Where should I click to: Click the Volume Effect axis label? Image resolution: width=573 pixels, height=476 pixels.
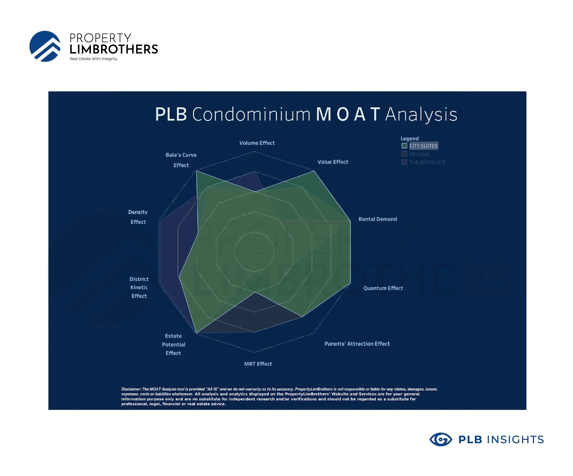[x=257, y=143]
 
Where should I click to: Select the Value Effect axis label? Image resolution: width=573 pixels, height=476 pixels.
[x=333, y=162]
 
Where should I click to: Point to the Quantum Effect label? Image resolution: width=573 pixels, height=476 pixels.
[x=383, y=288]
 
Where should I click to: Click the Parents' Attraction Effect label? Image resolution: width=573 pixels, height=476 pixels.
[x=357, y=344]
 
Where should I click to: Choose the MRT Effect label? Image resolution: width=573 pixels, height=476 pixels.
[x=258, y=364]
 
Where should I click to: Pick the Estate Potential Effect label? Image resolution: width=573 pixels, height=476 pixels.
[x=173, y=344]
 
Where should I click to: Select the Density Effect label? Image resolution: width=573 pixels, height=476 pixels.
[x=138, y=217]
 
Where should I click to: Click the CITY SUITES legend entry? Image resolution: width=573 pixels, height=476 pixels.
[x=423, y=146]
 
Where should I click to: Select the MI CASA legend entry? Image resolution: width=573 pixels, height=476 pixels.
[x=419, y=154]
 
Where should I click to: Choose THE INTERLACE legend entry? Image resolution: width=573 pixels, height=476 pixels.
[x=427, y=162]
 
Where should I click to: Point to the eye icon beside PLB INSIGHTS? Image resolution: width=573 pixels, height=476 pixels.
[x=440, y=440]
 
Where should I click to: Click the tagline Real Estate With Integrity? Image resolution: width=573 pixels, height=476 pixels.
[x=93, y=59]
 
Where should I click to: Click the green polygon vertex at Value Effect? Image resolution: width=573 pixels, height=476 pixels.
[x=314, y=171]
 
